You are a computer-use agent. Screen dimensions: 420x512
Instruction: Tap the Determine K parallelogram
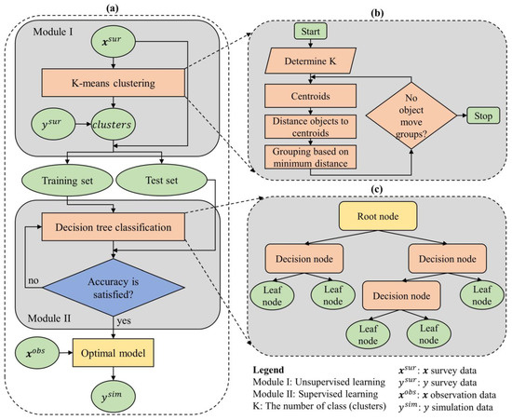click(309, 66)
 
